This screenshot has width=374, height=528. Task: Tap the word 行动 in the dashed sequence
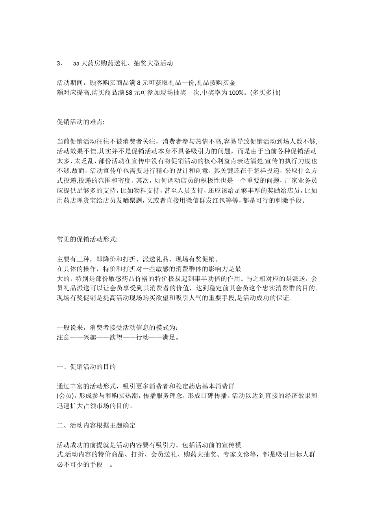(x=143, y=337)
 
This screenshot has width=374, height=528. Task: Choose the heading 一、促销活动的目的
(x=86, y=367)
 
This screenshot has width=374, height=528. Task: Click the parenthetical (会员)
(x=66, y=396)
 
